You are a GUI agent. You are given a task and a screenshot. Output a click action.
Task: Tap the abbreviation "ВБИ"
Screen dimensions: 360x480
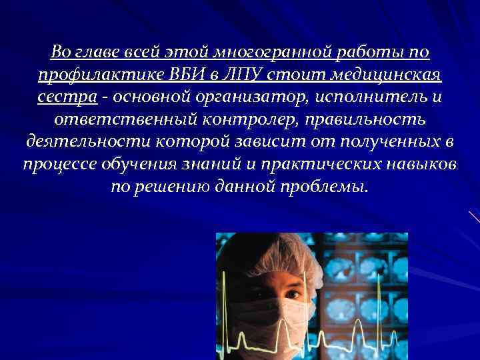pos(196,74)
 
